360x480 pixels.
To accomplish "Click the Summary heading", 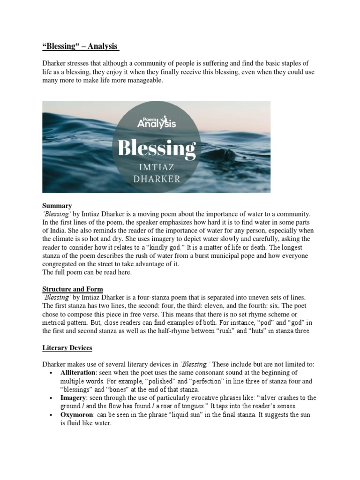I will (x=57, y=205).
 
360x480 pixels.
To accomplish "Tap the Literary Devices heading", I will (x=67, y=348).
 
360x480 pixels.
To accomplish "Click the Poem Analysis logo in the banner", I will (x=156, y=122).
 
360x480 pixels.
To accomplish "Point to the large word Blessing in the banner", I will (x=156, y=149).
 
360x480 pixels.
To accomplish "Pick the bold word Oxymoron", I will (x=77, y=415).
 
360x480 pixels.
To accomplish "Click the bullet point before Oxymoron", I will (x=50, y=415).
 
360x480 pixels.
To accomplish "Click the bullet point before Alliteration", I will (x=50, y=373).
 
